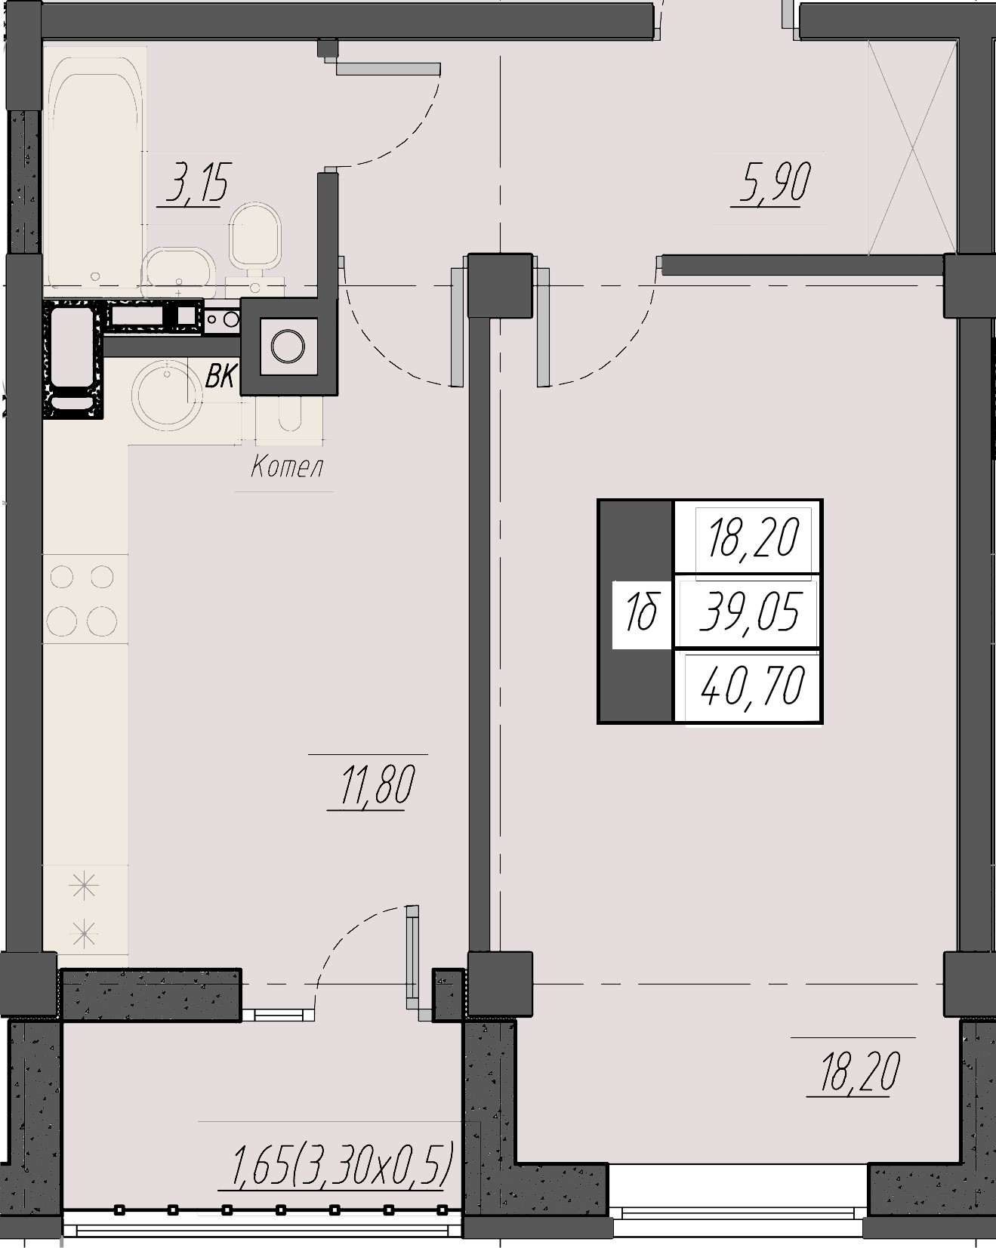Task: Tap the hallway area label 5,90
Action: [x=774, y=183]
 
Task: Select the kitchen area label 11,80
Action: [x=378, y=785]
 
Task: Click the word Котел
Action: [x=287, y=467]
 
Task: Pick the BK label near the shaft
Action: [x=220, y=376]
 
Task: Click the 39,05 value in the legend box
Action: [x=749, y=612]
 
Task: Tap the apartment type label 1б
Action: [x=642, y=612]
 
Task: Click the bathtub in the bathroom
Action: [x=95, y=170]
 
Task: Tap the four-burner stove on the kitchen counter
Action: [x=85, y=599]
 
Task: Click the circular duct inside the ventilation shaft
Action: [x=288, y=347]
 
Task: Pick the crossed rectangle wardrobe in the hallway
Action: [x=912, y=148]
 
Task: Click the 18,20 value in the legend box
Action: [x=754, y=539]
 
